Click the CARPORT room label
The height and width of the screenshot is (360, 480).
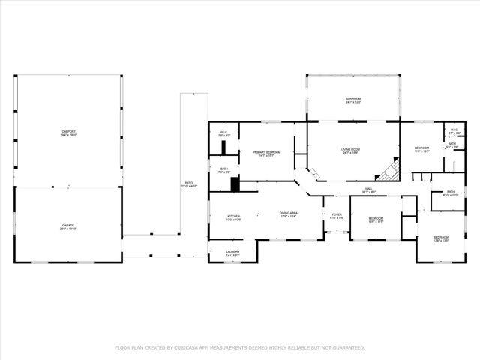tap(68, 133)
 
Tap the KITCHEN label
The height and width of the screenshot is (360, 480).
tap(234, 217)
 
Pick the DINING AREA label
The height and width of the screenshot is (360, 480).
tap(289, 213)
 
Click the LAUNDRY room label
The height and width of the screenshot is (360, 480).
tap(232, 253)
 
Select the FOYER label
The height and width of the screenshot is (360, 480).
tap(337, 215)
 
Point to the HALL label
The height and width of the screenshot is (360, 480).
tap(369, 190)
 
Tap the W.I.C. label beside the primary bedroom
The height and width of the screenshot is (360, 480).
tap(223, 133)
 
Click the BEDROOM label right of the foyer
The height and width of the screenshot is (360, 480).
tap(375, 219)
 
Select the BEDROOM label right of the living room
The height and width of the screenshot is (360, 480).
tap(421, 148)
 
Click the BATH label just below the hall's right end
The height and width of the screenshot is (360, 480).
tap(450, 192)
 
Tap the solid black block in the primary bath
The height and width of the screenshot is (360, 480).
tap(235, 184)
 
